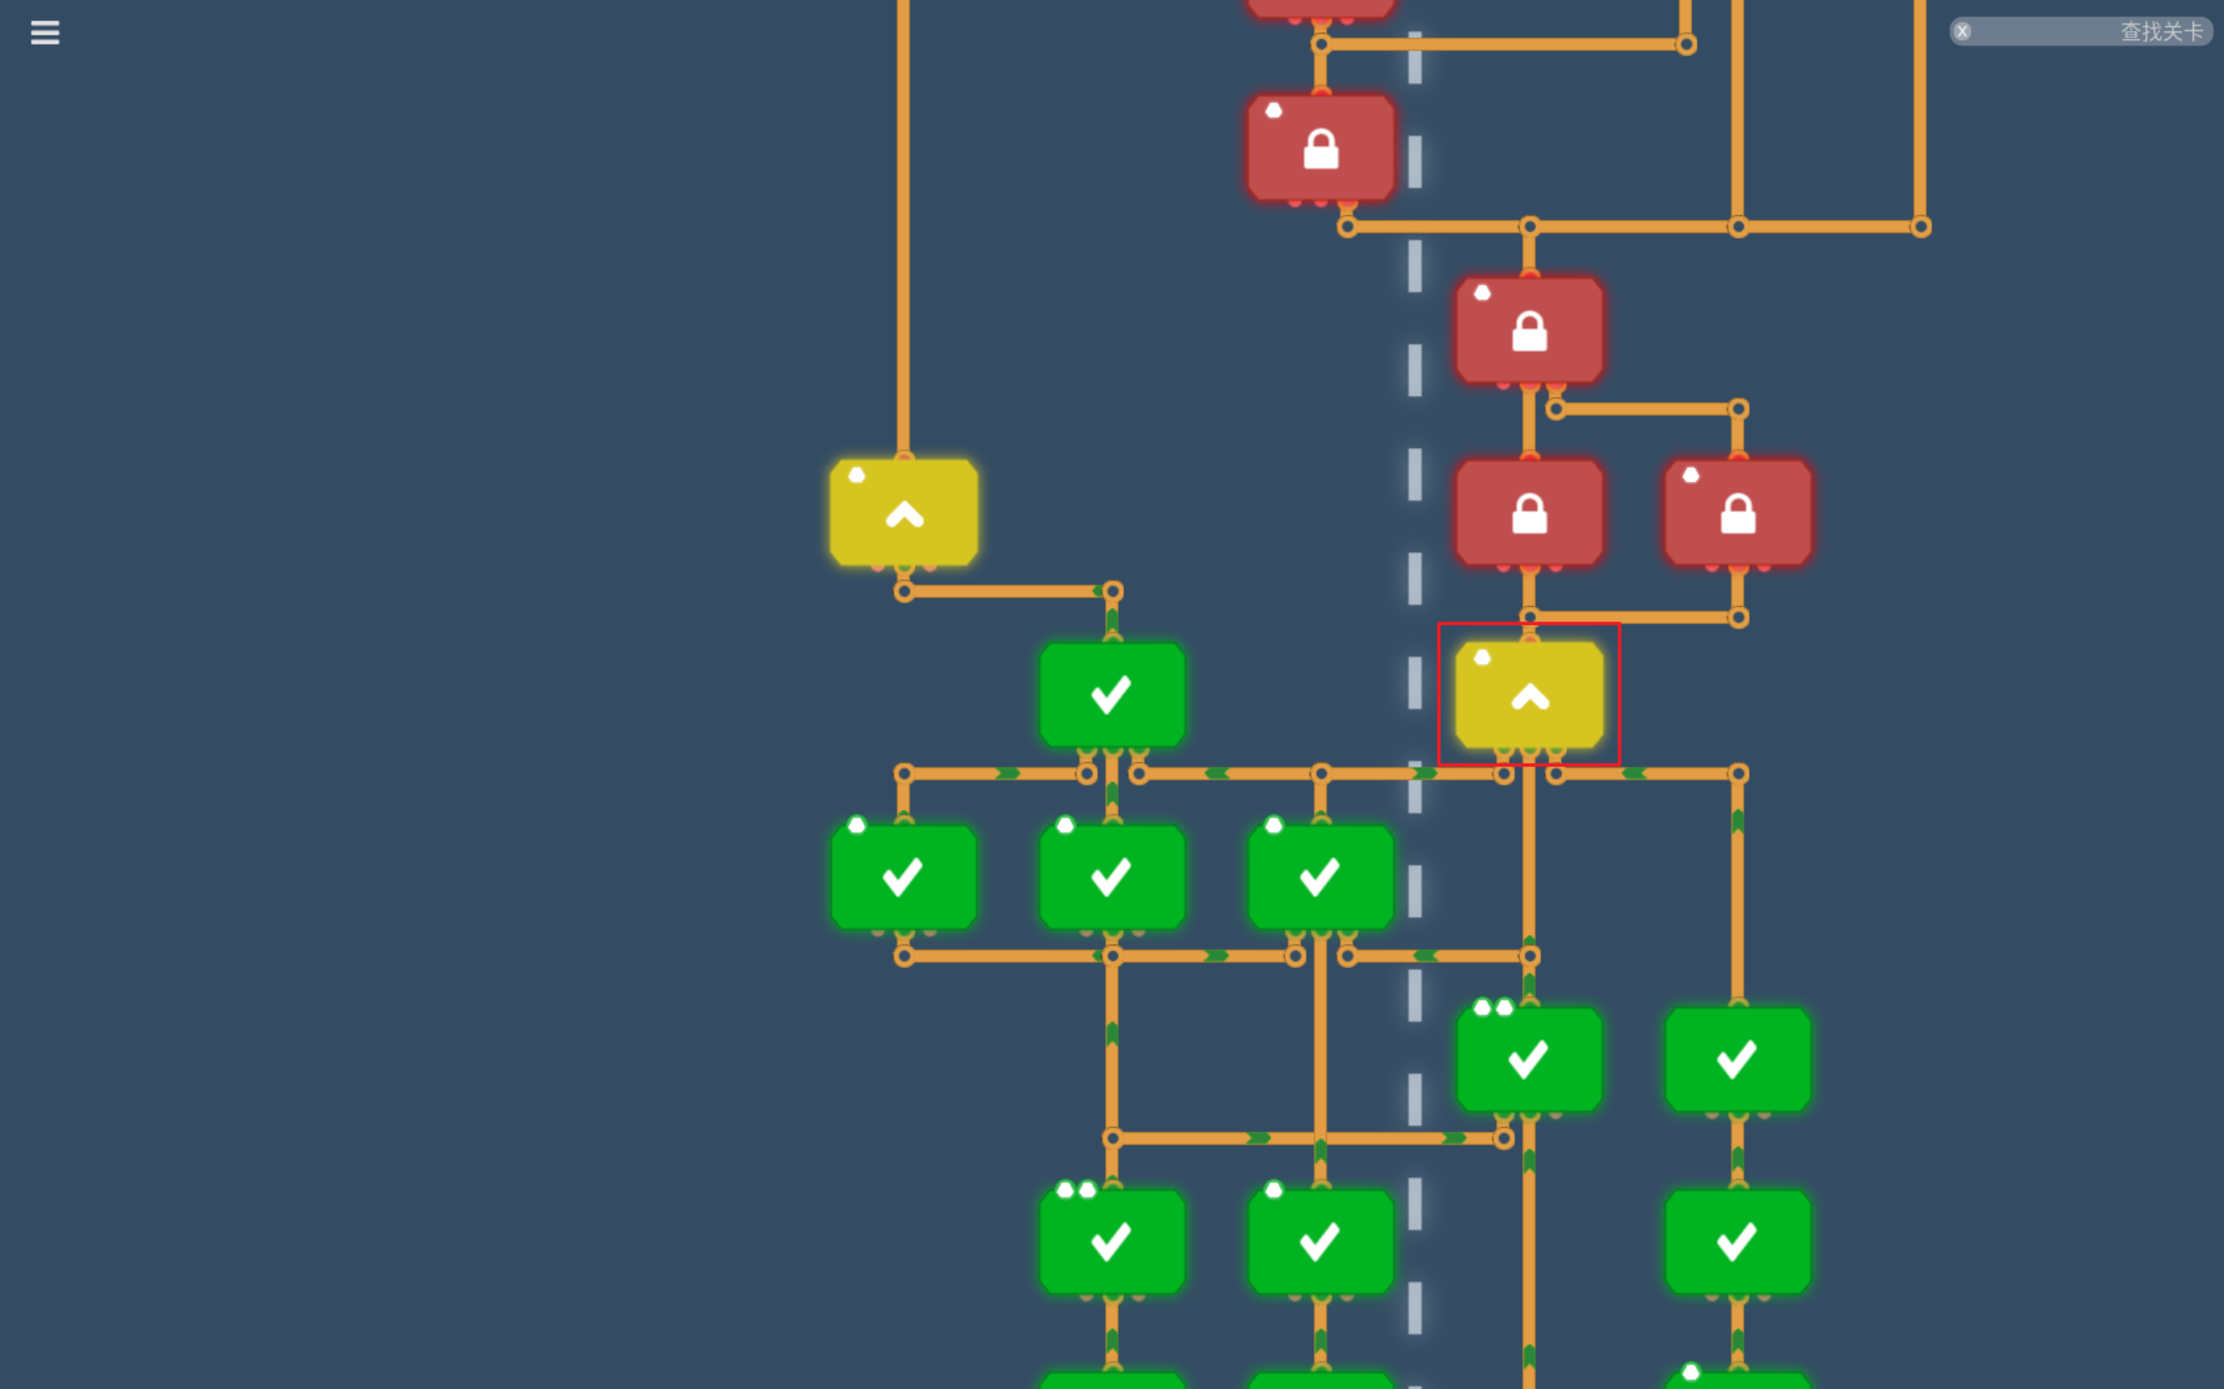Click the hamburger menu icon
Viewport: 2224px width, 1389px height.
pyautogui.click(x=45, y=33)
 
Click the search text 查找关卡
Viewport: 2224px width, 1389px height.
pyautogui.click(x=2161, y=32)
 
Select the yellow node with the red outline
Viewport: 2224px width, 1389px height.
pyautogui.click(x=1529, y=694)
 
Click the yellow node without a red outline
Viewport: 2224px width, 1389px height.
pyautogui.click(x=903, y=512)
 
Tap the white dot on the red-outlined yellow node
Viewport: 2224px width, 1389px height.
pyautogui.click(x=1482, y=657)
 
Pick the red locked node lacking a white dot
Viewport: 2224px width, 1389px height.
pyautogui.click(x=1529, y=512)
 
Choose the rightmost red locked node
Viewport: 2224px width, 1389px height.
pyautogui.click(x=1737, y=512)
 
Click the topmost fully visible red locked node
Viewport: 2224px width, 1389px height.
pyautogui.click(x=1320, y=148)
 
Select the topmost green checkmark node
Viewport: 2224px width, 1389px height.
pyautogui.click(x=1112, y=694)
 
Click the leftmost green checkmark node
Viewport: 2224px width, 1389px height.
pyautogui.click(x=903, y=877)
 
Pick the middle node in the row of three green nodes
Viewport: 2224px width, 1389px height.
pyautogui.click(x=1112, y=877)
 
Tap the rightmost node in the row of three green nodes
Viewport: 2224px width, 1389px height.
pyautogui.click(x=1320, y=877)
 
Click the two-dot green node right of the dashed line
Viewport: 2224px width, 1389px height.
pyautogui.click(x=1529, y=1059)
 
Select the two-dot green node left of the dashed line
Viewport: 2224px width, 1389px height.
pyautogui.click(x=1112, y=1241)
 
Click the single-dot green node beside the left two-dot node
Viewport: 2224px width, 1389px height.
pyautogui.click(x=1320, y=1241)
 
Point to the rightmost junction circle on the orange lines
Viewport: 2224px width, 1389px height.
pyautogui.click(x=1921, y=227)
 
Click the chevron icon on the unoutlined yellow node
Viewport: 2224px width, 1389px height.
pyautogui.click(x=904, y=515)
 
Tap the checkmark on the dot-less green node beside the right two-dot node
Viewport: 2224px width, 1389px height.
pyautogui.click(x=1737, y=1059)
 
